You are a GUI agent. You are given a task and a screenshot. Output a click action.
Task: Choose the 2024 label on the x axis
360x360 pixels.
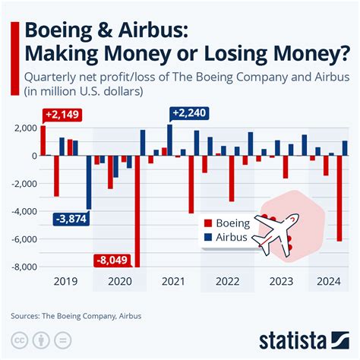pyautogui.click(x=327, y=281)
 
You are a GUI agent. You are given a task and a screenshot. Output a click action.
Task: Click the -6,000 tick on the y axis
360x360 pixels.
pyautogui.click(x=26, y=239)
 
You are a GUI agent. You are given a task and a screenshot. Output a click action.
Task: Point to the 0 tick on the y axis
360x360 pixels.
pyautogui.click(x=34, y=156)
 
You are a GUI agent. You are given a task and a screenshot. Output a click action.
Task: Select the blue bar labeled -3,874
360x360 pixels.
pyautogui.click(x=89, y=182)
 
